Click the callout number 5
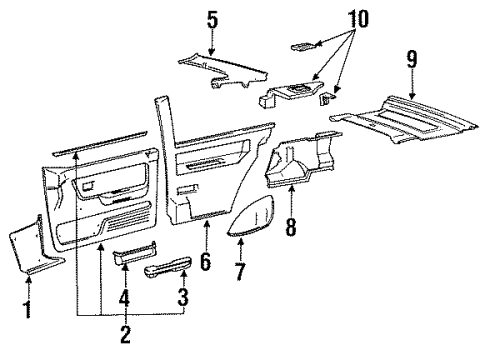pos(212,19)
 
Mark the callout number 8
pos(290,227)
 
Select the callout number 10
pos(359,18)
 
